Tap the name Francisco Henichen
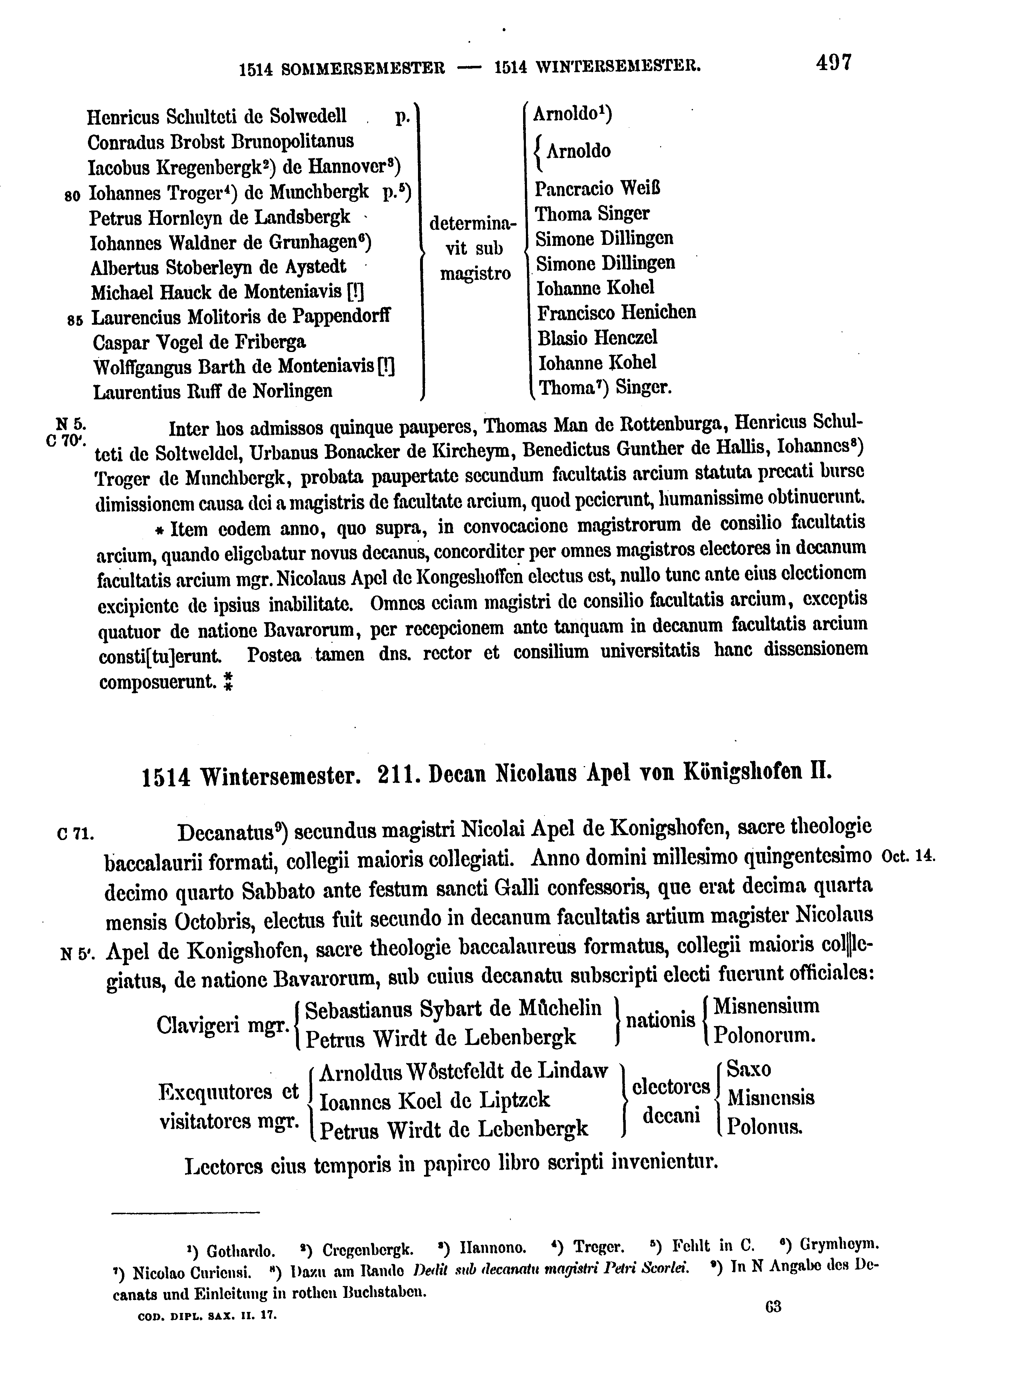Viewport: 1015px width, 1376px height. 616,313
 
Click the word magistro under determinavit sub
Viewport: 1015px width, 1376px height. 475,273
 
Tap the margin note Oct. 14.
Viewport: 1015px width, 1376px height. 907,856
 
